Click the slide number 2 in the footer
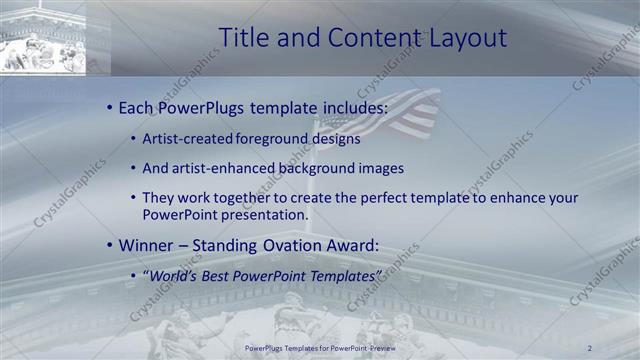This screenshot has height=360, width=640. point(590,347)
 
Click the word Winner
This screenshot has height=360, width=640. point(148,244)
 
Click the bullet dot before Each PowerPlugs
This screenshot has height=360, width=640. point(108,107)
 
